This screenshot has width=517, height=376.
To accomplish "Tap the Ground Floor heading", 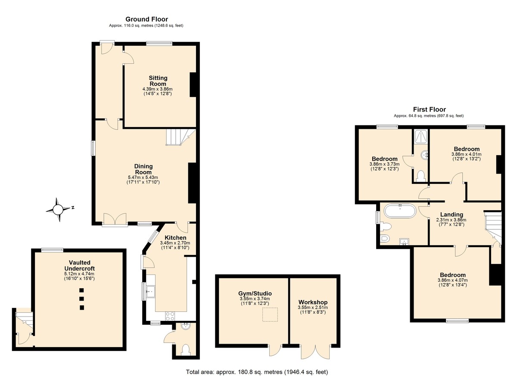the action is coord(146,19).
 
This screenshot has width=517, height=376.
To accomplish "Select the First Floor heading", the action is coord(429,109).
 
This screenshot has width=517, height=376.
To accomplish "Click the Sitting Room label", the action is coord(158,81).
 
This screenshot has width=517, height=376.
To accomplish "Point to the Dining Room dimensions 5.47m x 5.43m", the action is coord(143,177).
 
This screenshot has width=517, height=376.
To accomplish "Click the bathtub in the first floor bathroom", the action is coord(400,211).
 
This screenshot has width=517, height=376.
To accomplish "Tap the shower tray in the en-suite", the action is coord(420,137).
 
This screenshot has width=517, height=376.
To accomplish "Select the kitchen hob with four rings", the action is coord(170,316).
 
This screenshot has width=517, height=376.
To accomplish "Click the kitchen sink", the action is coord(150,292).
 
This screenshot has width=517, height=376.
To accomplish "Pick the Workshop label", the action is coord(313,302).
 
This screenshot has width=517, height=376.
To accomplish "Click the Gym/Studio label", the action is coord(255,293).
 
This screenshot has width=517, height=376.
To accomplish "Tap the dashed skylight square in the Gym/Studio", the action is coord(270,314).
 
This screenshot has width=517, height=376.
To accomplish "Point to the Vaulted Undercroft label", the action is coord(79,265).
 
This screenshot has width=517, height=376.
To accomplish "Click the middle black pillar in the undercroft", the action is coord(81,299).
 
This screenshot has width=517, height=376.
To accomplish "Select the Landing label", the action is coord(452,215).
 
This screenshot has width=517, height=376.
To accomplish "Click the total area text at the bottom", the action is coord(257,372).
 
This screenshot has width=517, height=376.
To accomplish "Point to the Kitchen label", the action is coord(175,238).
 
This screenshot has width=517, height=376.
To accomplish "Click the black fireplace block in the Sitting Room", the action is coord(193,85).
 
